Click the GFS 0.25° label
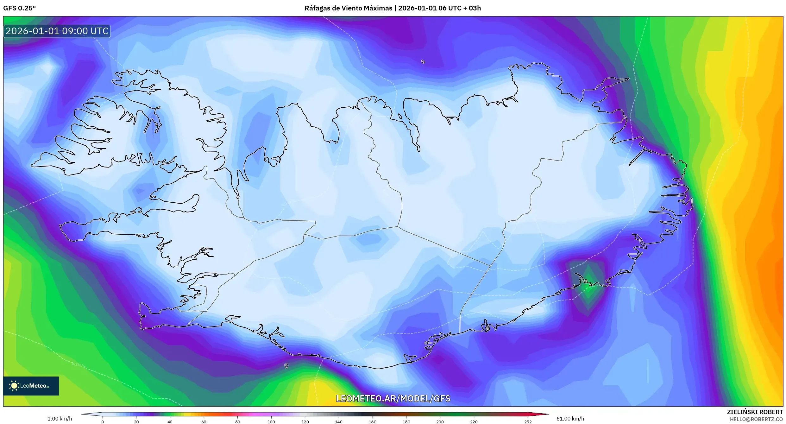(x=19, y=8)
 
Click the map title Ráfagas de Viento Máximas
(x=348, y=8)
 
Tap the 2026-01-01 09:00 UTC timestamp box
(x=57, y=31)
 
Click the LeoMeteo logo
(x=31, y=386)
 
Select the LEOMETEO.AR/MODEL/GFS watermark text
(x=393, y=398)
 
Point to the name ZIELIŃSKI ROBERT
(x=755, y=412)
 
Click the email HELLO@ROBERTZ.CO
(x=756, y=419)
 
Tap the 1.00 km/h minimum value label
(x=60, y=419)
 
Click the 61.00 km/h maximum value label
(x=570, y=419)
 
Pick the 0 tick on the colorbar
(x=103, y=421)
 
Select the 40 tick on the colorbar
(x=170, y=421)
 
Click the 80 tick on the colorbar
(x=237, y=421)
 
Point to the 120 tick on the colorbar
(x=305, y=421)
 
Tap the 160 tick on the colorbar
(x=373, y=421)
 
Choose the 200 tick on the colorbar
(x=440, y=421)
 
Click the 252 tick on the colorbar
(x=528, y=421)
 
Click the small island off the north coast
(x=423, y=62)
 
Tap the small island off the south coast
(x=286, y=366)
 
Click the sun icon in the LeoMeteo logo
(x=14, y=386)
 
